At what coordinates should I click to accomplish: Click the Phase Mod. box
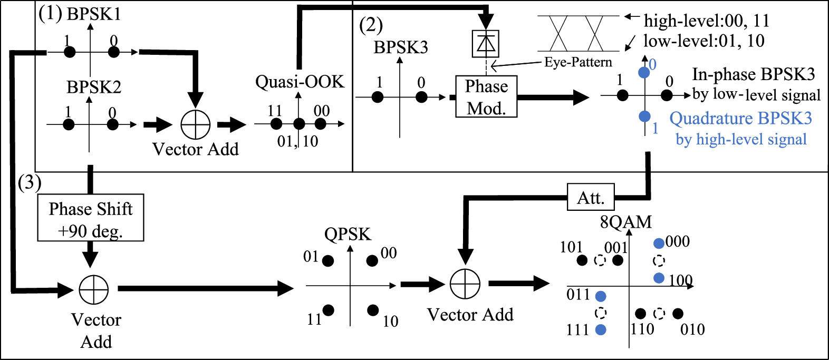(x=486, y=96)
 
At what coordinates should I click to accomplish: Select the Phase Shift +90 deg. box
(x=91, y=218)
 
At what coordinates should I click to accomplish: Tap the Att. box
(x=591, y=198)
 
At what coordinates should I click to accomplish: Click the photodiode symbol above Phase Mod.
(x=485, y=44)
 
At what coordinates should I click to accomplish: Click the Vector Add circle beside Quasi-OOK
(x=195, y=125)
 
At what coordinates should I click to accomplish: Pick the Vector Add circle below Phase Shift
(x=94, y=289)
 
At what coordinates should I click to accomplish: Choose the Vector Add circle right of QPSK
(x=465, y=284)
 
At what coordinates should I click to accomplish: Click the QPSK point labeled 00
(x=372, y=260)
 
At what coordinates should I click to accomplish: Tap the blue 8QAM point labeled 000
(x=659, y=244)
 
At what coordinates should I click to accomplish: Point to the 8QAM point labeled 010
(x=678, y=314)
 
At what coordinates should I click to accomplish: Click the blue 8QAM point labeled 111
(x=601, y=330)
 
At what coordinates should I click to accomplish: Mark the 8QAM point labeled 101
(x=582, y=260)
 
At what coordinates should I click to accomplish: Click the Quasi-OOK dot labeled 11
(x=276, y=124)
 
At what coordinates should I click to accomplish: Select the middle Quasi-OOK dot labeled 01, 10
(x=299, y=124)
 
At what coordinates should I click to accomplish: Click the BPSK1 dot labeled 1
(x=69, y=52)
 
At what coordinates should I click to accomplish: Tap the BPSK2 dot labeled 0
(x=112, y=124)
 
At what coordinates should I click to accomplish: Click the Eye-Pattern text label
(x=578, y=62)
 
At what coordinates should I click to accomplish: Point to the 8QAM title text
(x=625, y=222)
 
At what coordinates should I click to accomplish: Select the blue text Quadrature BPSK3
(x=740, y=119)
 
